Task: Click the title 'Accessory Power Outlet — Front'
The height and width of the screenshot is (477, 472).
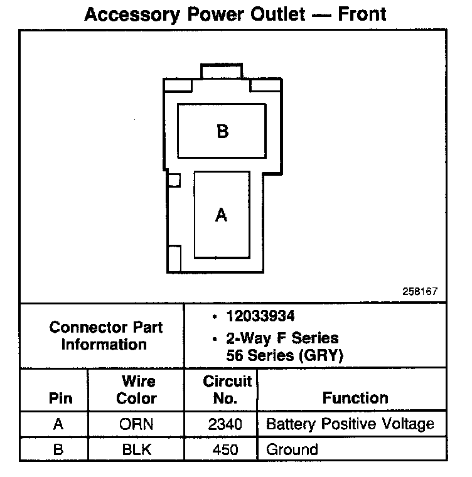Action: pos(235,14)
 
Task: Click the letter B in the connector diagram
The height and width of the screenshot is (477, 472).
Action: pos(222,132)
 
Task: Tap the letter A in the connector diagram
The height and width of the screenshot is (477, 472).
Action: pos(221,215)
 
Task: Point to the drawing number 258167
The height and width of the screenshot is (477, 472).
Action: pos(420,291)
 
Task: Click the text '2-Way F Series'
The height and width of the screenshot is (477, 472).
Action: pos(282,338)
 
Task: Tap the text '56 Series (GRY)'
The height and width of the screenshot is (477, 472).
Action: pos(284,355)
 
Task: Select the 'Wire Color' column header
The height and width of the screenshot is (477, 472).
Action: pos(136,390)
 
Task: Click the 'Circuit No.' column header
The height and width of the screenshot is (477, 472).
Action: pos(227,390)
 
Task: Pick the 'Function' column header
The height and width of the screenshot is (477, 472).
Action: pos(355,398)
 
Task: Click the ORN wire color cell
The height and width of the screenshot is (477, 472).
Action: pos(136,424)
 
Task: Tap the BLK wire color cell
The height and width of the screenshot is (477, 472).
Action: pos(136,449)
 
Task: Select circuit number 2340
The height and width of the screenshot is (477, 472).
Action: pos(225,424)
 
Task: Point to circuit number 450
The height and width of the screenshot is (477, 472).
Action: pos(228,449)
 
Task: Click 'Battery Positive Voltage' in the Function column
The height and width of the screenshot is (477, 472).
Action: pos(350,424)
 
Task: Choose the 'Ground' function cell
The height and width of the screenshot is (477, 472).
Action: pos(292,449)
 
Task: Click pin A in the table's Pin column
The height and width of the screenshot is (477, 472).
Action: pos(58,424)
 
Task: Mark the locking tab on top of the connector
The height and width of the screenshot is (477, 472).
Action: pos(221,71)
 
